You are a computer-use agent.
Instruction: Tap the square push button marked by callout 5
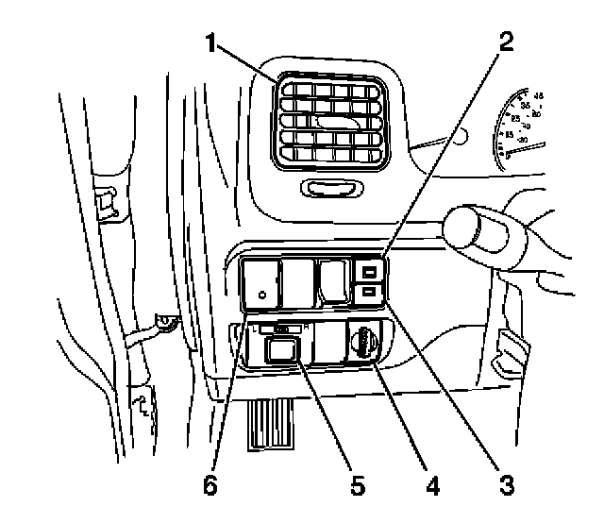pyautogui.click(x=279, y=352)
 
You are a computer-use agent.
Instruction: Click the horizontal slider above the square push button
pyautogui.click(x=278, y=329)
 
